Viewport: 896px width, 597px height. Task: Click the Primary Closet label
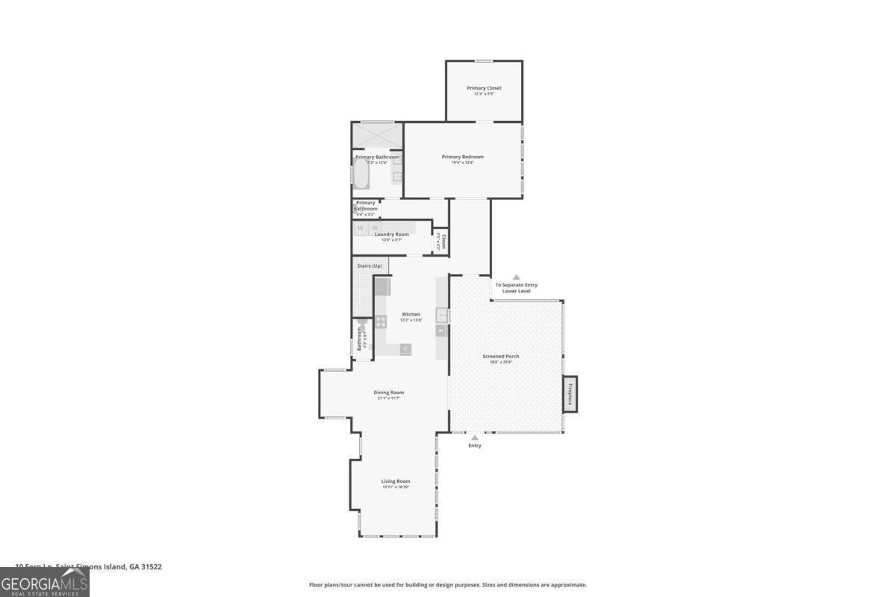coord(484,88)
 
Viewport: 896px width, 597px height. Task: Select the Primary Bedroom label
coord(462,157)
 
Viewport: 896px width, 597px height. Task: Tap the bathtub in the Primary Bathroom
coord(360,175)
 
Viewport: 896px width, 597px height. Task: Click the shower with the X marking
coord(377,137)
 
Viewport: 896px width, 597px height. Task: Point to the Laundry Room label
coord(391,234)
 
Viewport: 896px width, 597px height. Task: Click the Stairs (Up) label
coord(369,266)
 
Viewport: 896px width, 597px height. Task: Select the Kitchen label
coord(411,314)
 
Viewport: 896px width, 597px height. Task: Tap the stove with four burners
coord(381,322)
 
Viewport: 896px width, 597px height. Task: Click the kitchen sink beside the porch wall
coord(442,315)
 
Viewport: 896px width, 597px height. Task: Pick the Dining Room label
coord(388,393)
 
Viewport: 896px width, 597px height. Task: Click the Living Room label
coord(396,481)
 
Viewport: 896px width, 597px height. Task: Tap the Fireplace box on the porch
coord(570,393)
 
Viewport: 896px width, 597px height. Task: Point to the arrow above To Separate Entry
coord(515,278)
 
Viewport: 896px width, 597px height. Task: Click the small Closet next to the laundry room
coord(441,241)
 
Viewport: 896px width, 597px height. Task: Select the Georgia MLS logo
coord(44,582)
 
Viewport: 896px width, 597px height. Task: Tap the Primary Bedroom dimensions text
coord(462,163)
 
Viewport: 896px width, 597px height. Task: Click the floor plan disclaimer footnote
coord(448,585)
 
